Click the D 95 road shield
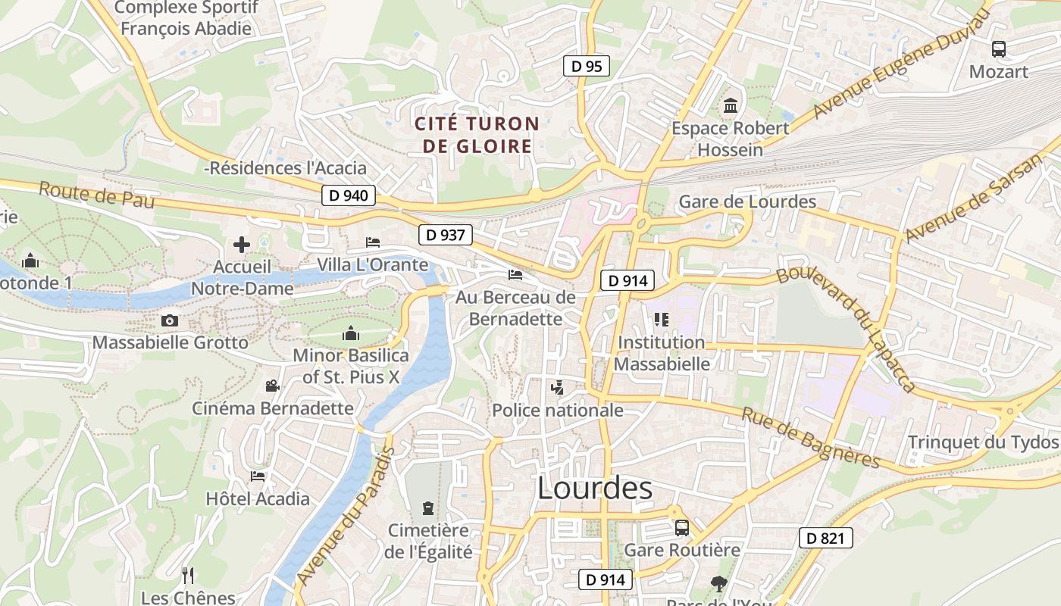587,67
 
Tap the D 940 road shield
349,195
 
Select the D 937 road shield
445,235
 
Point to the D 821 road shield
825,539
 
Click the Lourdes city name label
594,489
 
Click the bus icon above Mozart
999,49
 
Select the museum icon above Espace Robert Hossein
731,106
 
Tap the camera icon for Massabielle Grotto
170,320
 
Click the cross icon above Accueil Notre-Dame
242,245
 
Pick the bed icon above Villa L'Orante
373,242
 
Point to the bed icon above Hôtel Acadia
258,476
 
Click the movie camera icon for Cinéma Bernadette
272,386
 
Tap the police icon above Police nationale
558,389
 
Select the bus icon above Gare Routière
681,527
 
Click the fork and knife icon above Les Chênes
188,576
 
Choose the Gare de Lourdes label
747,201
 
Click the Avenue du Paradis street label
346,515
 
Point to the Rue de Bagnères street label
810,439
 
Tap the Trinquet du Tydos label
983,442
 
